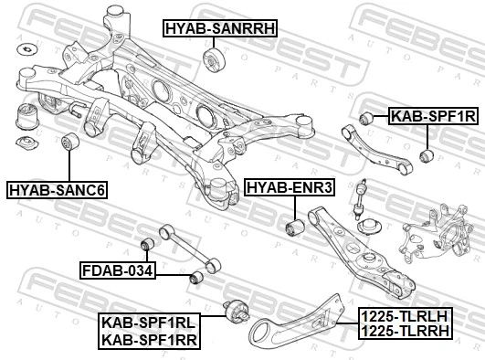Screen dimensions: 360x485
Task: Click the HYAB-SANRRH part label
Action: [219, 29]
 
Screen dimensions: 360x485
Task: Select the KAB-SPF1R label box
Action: [433, 117]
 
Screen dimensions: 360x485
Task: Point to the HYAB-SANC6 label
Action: [57, 190]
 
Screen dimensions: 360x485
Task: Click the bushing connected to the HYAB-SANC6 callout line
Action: [68, 143]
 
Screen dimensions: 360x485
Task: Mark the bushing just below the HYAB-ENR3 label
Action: [294, 225]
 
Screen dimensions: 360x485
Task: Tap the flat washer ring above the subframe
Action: [27, 48]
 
